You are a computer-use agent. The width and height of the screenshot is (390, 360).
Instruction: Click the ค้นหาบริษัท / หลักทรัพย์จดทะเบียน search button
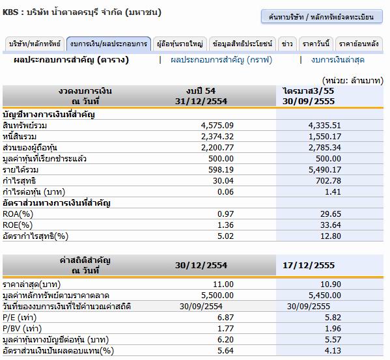(x=322, y=17)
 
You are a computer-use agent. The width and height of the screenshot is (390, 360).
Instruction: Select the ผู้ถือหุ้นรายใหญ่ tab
(x=180, y=44)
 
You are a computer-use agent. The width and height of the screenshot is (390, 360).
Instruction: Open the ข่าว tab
(x=287, y=44)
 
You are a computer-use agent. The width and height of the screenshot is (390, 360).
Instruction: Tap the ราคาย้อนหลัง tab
(x=359, y=44)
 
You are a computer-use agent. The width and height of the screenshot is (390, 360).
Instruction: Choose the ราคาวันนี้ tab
(x=316, y=44)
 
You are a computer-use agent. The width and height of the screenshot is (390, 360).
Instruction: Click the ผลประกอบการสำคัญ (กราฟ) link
(x=221, y=60)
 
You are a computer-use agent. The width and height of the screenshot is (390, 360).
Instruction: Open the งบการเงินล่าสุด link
(x=337, y=60)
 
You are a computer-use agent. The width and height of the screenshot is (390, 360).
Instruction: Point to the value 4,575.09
(x=217, y=125)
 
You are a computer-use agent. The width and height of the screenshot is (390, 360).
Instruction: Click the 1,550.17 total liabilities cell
(x=325, y=137)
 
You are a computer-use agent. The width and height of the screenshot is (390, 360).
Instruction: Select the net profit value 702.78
(x=328, y=181)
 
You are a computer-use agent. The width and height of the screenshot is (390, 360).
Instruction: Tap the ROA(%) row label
(x=18, y=214)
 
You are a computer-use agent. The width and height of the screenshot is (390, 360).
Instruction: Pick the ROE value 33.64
(x=331, y=225)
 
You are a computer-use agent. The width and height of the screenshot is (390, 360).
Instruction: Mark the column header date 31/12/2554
(x=201, y=102)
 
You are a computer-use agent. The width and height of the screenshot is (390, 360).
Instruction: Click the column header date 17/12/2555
(x=309, y=265)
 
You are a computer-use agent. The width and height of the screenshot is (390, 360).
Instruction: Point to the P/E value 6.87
(x=225, y=318)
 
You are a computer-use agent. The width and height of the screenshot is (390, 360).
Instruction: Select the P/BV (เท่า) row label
(x=22, y=329)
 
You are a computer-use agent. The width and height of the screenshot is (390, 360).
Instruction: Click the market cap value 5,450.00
(x=325, y=296)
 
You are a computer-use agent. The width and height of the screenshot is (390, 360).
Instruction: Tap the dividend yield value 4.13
(x=333, y=351)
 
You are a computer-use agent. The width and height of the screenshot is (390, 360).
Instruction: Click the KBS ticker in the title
(x=10, y=12)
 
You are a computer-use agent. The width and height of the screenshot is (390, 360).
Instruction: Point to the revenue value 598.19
(x=221, y=170)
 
